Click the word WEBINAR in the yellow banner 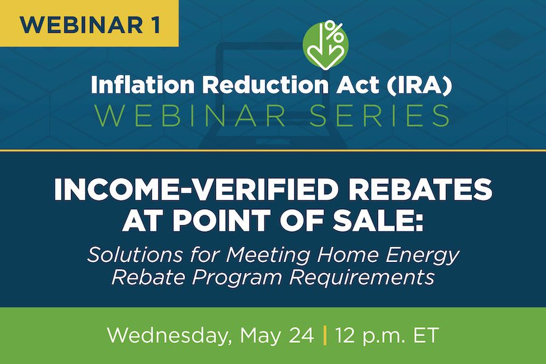pos(81,24)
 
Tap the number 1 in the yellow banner pos(155,24)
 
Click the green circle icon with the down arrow pos(325,45)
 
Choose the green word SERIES pos(380,115)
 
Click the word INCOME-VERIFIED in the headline pos(197,189)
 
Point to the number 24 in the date pos(301,335)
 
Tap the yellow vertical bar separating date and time pos(325,335)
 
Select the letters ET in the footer pos(425,335)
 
